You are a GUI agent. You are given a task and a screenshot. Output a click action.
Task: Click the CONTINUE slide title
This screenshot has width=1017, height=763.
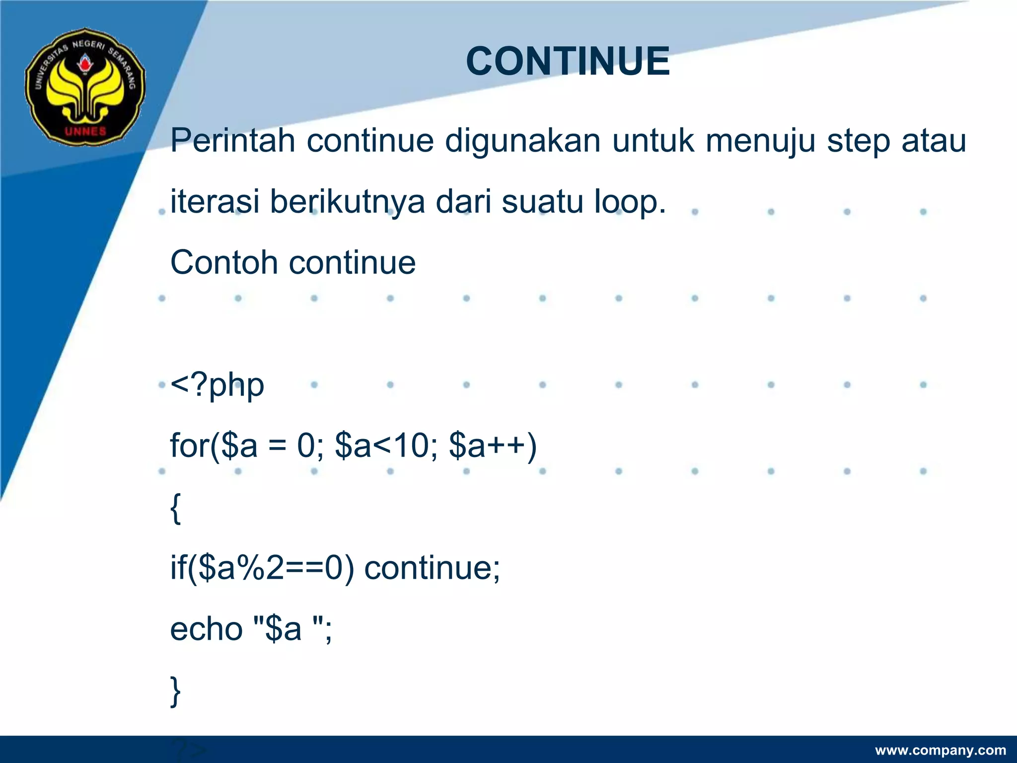(568, 61)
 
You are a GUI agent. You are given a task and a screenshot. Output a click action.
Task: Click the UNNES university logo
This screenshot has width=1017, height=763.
(85, 87)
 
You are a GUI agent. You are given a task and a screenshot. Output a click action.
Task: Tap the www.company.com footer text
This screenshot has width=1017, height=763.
(941, 750)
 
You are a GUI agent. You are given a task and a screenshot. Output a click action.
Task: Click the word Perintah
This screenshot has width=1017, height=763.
(233, 141)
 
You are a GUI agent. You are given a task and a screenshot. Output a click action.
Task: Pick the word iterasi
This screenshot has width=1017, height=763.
(215, 202)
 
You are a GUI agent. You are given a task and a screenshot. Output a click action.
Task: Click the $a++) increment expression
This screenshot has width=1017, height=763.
(492, 445)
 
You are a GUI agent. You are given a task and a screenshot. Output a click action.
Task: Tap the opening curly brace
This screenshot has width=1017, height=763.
(175, 508)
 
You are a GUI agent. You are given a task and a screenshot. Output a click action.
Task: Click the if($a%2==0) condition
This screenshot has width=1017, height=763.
(262, 568)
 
